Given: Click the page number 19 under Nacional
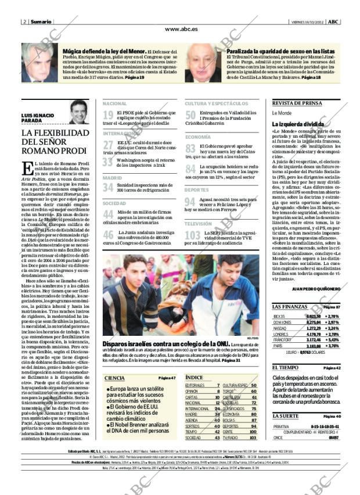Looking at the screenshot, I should click(108, 115).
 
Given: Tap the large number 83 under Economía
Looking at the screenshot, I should click(190, 149).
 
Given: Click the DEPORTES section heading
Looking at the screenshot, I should click(197, 190).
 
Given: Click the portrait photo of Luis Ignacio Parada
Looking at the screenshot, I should click(79, 112).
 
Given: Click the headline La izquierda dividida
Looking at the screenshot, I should click(298, 124).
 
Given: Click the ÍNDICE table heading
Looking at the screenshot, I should click(194, 378).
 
